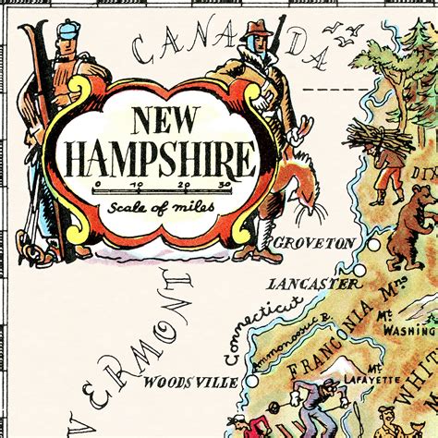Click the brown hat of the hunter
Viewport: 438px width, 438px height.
click(x=254, y=25)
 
